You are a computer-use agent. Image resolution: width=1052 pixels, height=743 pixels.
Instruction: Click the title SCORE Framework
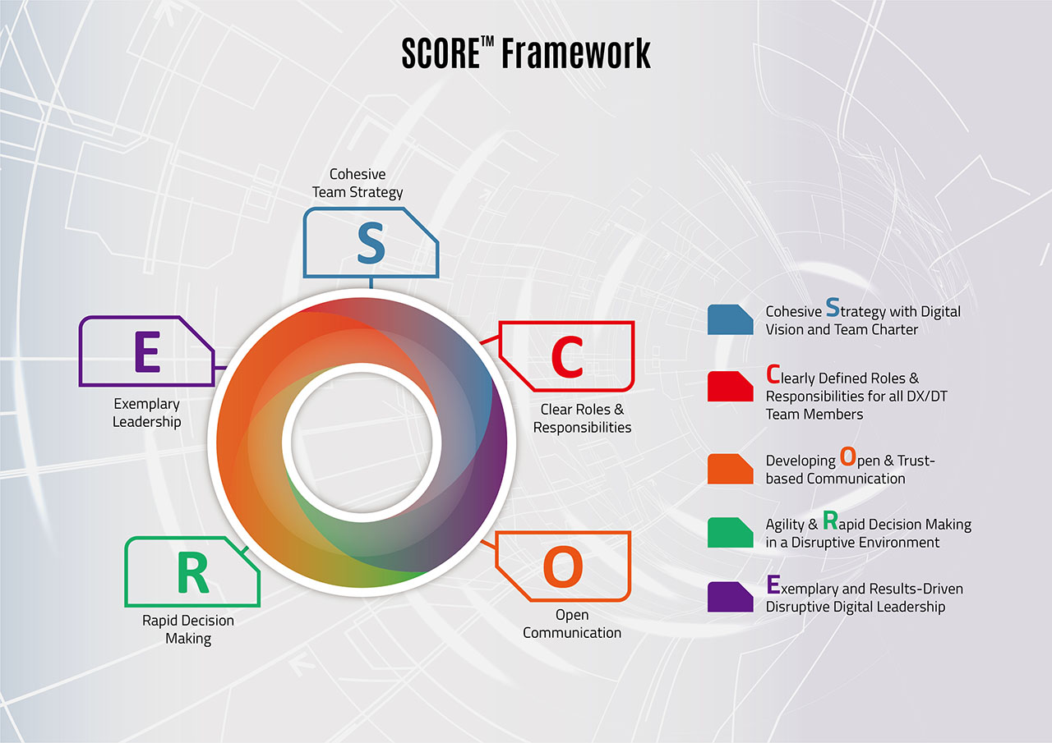526,53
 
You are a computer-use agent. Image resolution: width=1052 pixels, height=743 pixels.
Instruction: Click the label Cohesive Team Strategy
358,183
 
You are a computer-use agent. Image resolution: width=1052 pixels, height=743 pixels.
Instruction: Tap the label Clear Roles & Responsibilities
582,418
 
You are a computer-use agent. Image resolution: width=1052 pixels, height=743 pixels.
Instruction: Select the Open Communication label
572,623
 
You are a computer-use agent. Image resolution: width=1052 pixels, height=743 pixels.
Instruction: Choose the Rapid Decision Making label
188,629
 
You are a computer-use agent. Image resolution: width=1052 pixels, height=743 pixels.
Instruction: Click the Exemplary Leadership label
147,413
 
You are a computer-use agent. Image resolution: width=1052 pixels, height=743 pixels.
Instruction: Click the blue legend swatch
730,319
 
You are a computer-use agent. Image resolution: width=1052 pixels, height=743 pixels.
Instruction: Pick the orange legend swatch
730,469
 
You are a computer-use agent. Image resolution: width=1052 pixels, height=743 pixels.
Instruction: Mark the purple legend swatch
730,597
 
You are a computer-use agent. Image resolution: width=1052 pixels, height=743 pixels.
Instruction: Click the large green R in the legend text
830,521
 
